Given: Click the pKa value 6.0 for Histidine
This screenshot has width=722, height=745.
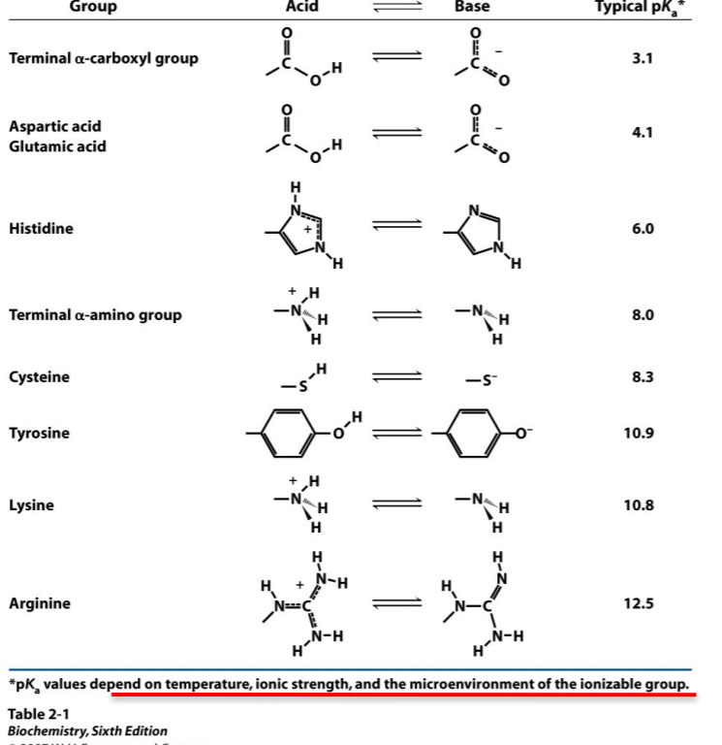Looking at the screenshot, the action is click(x=643, y=229).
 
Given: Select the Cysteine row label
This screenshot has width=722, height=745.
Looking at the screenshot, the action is click(x=39, y=376).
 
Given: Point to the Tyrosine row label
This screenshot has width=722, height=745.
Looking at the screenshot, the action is click(x=39, y=433).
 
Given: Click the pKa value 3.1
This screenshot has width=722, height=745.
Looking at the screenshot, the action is click(x=643, y=58).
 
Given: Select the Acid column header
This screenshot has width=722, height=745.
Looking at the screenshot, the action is click(x=302, y=8).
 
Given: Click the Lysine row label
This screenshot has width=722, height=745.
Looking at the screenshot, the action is click(x=31, y=505).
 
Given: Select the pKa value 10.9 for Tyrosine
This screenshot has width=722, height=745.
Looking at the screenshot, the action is click(x=643, y=433).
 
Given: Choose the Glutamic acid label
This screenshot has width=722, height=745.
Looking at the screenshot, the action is click(x=57, y=146).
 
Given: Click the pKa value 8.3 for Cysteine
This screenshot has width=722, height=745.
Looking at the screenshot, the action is click(x=643, y=376).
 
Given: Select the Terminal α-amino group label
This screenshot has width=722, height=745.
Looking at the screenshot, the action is click(x=95, y=315).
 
